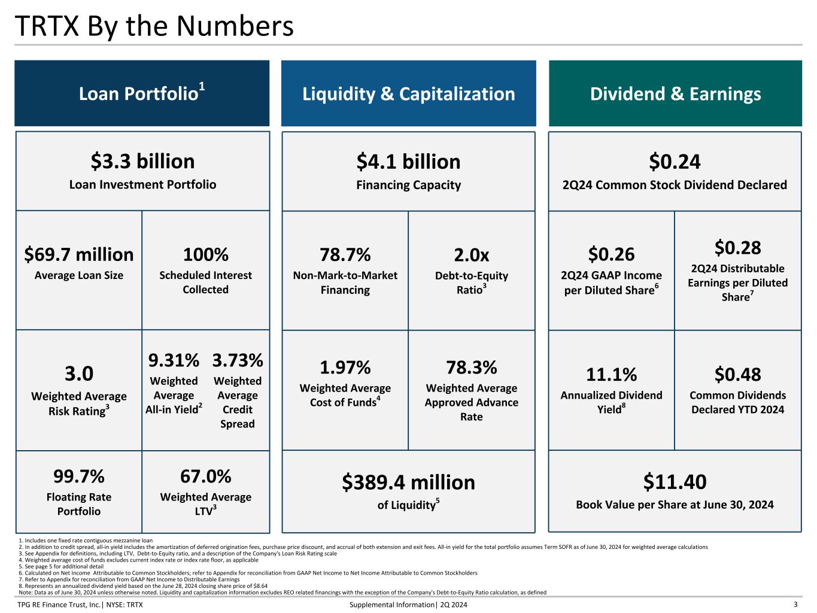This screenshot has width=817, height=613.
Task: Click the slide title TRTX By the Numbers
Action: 154,26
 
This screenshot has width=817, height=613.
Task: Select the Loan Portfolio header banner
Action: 142,93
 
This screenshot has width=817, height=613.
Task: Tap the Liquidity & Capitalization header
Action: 408,94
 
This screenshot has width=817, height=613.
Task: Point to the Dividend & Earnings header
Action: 675,94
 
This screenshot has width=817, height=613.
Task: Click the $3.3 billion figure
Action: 142,162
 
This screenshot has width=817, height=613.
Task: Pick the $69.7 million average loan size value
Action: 79,254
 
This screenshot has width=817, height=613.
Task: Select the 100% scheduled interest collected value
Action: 205,254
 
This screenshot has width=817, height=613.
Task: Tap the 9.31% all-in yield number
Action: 174,360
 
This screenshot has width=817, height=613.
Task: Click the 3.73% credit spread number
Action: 238,360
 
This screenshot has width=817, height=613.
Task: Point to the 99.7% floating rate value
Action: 79,477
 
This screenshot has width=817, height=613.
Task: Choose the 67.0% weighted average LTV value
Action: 205,477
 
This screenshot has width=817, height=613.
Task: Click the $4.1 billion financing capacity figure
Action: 408,162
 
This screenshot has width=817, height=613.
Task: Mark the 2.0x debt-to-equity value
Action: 471,255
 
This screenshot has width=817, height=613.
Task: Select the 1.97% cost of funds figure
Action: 345,367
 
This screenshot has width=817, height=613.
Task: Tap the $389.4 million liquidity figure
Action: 408,482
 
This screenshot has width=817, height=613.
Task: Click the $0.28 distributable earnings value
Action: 737,247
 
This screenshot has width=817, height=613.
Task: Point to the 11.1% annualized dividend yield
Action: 611,375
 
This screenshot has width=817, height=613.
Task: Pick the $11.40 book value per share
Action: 675,482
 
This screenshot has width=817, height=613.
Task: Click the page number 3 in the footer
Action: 795,605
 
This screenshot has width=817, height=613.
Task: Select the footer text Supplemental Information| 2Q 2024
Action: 408,605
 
